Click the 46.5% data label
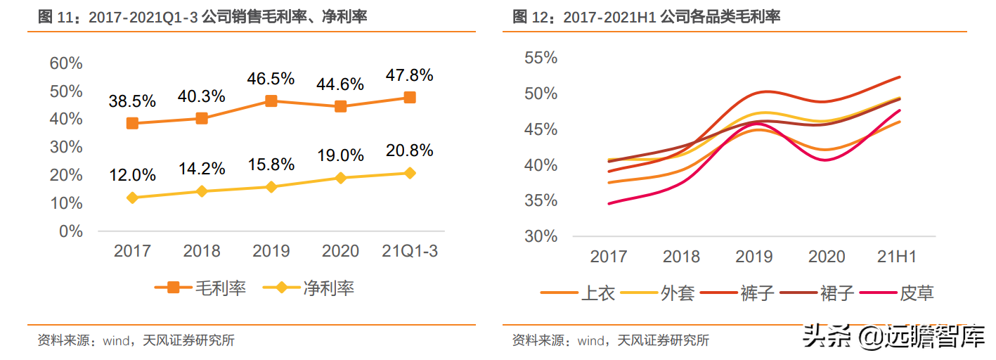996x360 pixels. point(271,79)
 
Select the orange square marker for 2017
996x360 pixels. point(132,124)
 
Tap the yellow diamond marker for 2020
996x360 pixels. point(341,178)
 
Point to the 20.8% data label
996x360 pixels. point(409,150)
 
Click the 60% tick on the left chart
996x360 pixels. point(66,63)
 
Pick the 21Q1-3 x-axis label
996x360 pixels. point(409,251)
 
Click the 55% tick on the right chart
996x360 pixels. point(541,58)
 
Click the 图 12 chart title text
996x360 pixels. point(647,17)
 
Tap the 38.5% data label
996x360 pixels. point(132,101)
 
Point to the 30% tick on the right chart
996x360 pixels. point(541,236)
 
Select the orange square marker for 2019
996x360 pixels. point(271,101)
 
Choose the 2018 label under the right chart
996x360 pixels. point(681,257)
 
